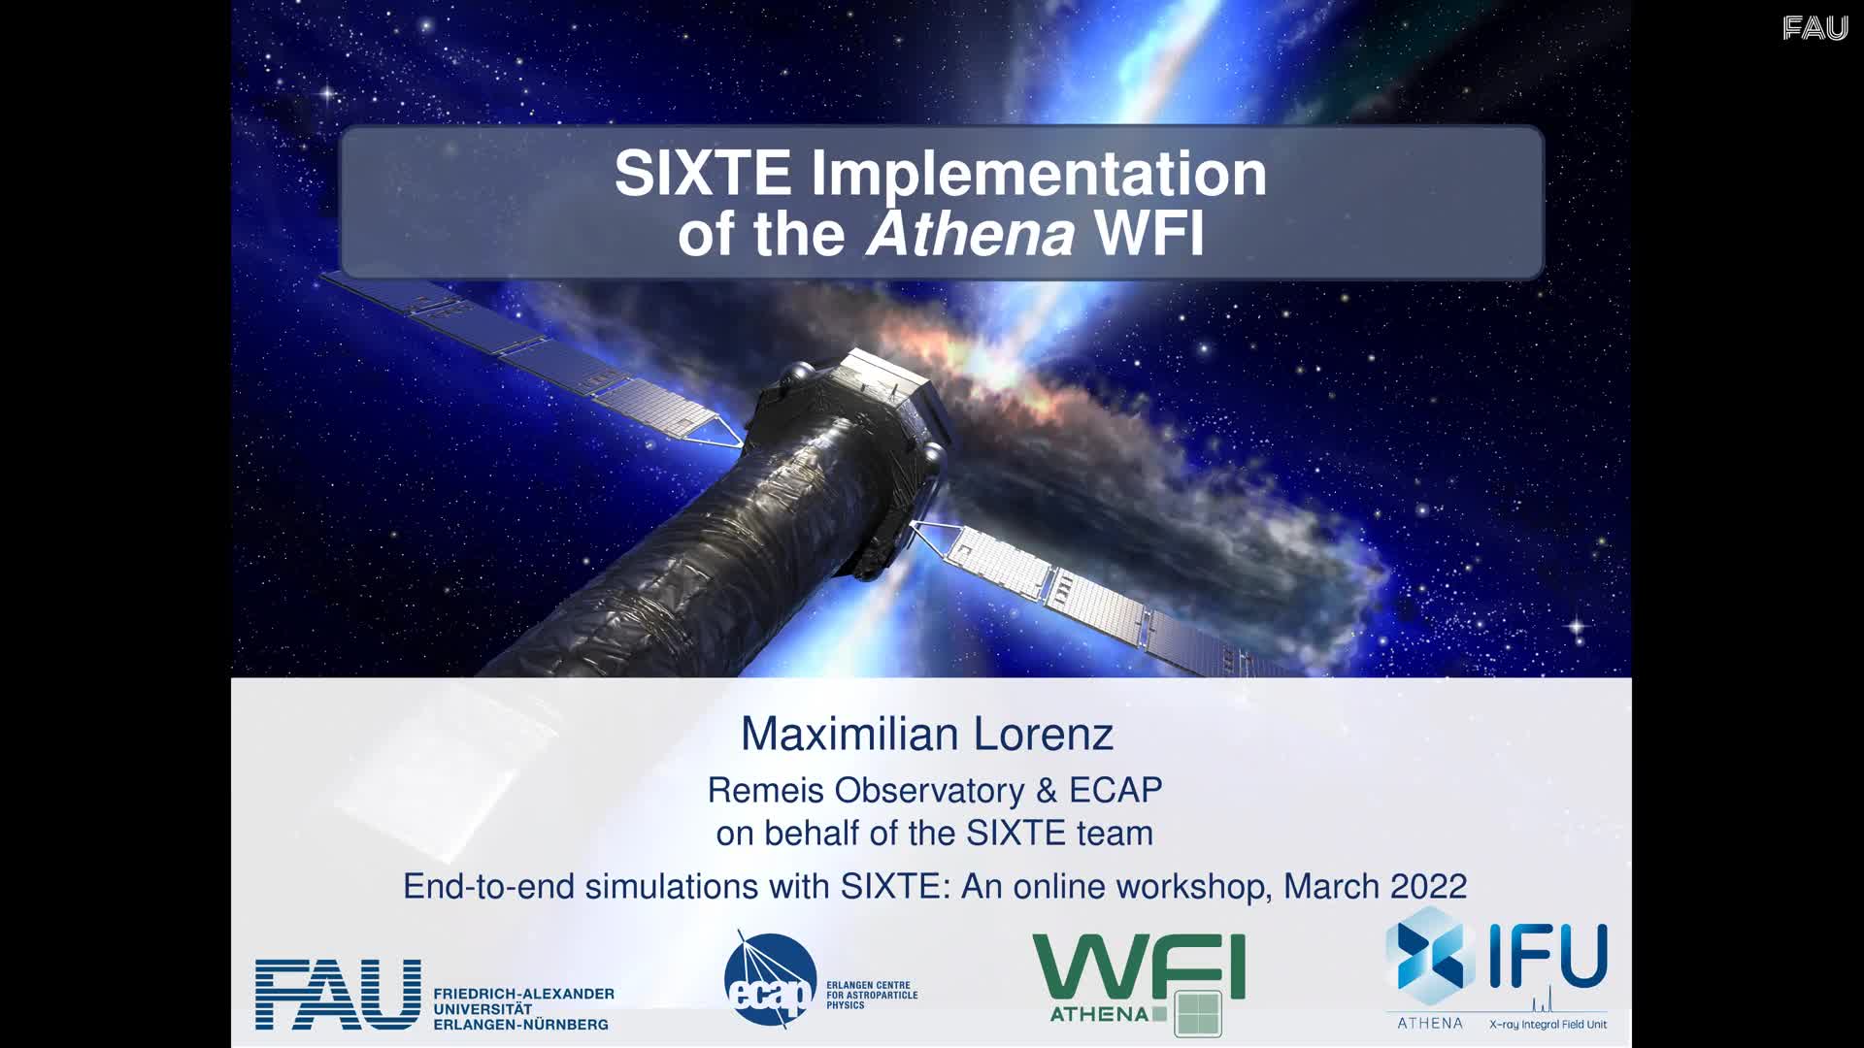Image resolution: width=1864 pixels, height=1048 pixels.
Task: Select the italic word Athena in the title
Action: click(971, 234)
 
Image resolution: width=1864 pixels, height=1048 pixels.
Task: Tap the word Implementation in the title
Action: click(1039, 176)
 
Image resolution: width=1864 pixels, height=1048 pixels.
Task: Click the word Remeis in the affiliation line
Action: click(768, 790)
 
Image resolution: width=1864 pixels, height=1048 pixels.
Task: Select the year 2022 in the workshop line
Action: click(1428, 886)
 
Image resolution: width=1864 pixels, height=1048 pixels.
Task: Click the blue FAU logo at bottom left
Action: click(338, 995)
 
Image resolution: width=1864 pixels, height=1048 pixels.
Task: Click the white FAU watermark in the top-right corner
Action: click(1815, 28)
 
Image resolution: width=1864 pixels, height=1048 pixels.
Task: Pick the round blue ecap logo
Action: click(770, 980)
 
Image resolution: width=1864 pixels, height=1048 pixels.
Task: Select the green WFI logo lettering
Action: click(1138, 966)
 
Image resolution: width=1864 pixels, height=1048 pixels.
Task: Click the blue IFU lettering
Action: click(1548, 956)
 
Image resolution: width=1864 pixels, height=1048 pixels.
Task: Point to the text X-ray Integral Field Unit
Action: click(1548, 1025)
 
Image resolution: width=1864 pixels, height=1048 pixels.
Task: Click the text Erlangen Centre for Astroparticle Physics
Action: click(872, 996)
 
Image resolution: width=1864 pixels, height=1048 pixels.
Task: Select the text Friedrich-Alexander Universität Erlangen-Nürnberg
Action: click(523, 1009)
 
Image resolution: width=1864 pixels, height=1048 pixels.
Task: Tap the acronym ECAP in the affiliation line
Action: click(1115, 790)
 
